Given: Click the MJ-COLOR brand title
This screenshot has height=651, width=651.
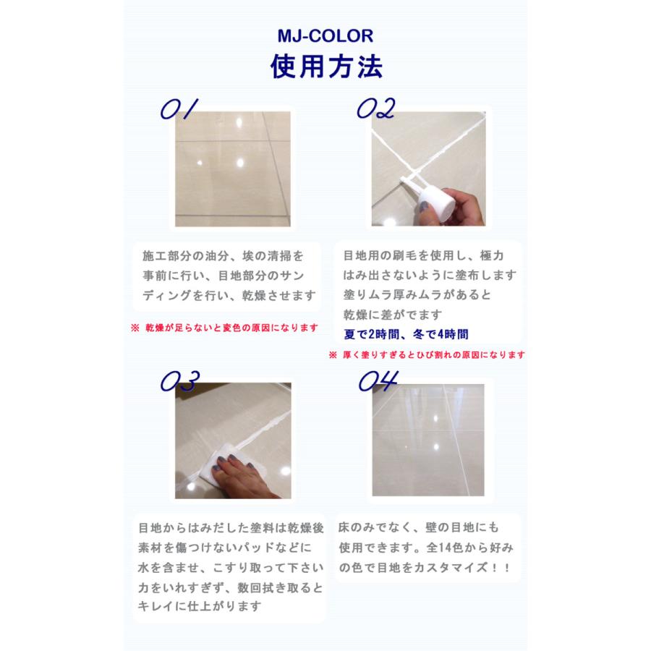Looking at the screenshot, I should tap(325, 35).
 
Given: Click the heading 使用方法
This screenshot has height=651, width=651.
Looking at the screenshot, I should tap(325, 67).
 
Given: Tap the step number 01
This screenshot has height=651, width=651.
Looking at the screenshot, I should tap(179, 109).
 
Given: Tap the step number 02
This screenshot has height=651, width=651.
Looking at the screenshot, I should tap(376, 109).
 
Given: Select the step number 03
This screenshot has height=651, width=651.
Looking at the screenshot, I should tap(179, 381).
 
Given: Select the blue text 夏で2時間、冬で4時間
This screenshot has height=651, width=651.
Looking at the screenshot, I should tap(406, 334).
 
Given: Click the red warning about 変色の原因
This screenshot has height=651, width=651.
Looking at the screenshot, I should tap(224, 328).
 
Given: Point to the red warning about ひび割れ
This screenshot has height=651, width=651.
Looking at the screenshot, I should tap(427, 355).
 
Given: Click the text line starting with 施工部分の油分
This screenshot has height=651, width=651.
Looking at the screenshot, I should tap(224, 256).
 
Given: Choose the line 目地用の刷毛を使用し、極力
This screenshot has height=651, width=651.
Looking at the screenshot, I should tap(423, 256).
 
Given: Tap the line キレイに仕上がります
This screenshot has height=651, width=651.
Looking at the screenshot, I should tap(200, 607).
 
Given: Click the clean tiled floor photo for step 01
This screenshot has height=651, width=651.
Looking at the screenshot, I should tap(232, 169).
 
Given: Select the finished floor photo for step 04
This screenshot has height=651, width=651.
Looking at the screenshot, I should tap(428, 440).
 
